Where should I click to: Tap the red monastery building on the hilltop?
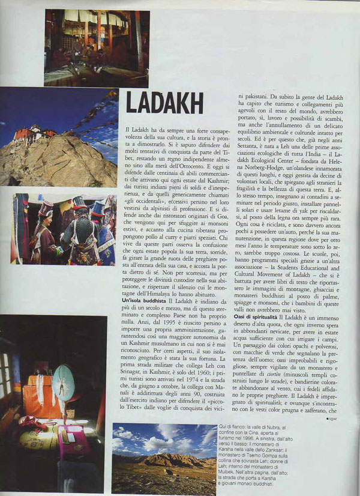click(x=27, y=133)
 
